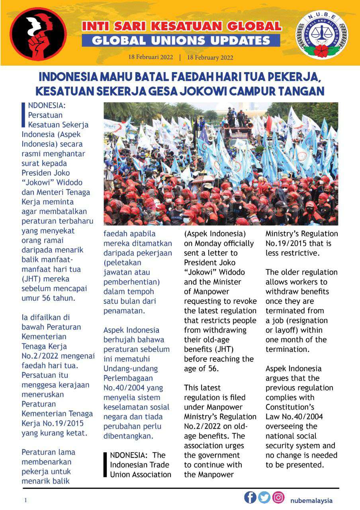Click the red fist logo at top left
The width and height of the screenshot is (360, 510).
pyautogui.click(x=38, y=33)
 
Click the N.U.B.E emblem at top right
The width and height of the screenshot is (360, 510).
pyautogui.click(x=321, y=35)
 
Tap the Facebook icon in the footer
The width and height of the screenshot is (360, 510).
pyautogui.click(x=250, y=498)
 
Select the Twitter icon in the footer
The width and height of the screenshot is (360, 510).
pyautogui.click(x=264, y=498)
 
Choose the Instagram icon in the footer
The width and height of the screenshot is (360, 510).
pyautogui.click(x=278, y=498)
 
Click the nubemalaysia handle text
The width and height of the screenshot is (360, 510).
pyautogui.click(x=311, y=501)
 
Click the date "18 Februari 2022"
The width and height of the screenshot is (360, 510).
pyautogui.click(x=151, y=57)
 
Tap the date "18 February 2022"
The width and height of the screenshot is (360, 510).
pyautogui.click(x=210, y=57)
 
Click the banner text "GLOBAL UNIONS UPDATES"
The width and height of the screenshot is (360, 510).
pyautogui.click(x=181, y=40)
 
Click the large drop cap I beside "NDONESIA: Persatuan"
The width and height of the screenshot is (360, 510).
pyautogui.click(x=23, y=115)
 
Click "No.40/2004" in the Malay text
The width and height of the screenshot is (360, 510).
pyautogui.click(x=121, y=388)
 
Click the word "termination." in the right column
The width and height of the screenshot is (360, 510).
pyautogui.click(x=287, y=349)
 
